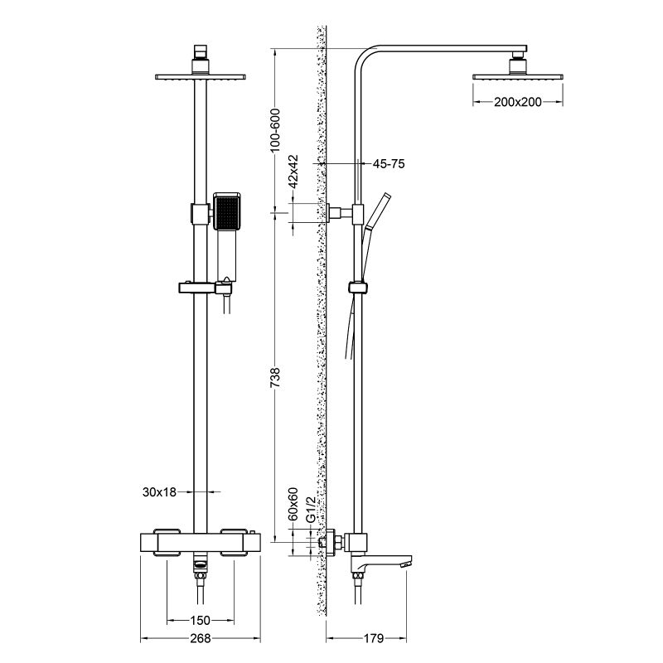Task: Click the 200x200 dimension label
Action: pos(518,102)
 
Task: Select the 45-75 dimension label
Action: pos(388,165)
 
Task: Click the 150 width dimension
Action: pos(198,620)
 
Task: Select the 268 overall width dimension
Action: pos(198,639)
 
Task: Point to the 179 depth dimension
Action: pos(373,639)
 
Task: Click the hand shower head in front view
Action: pos(226,212)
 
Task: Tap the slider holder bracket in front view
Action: pos(202,288)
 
